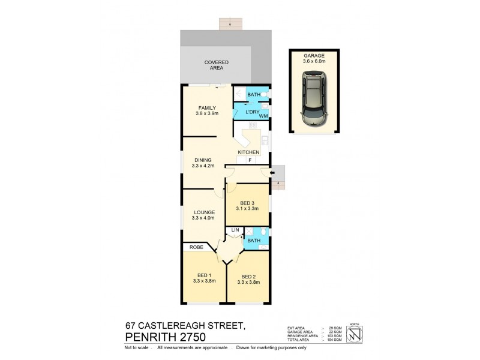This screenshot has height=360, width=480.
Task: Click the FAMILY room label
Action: coord(205,108)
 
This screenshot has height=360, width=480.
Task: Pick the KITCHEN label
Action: coord(248,153)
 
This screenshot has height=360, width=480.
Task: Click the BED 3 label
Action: coord(247,202)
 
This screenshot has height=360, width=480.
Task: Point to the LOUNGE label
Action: coord(204,212)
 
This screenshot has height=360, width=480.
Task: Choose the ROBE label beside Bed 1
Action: coord(196,247)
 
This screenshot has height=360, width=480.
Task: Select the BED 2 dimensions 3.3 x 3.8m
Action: coord(248,281)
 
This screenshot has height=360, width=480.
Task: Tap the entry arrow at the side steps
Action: coord(274,174)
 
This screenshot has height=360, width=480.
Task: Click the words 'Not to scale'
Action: coord(136,348)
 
